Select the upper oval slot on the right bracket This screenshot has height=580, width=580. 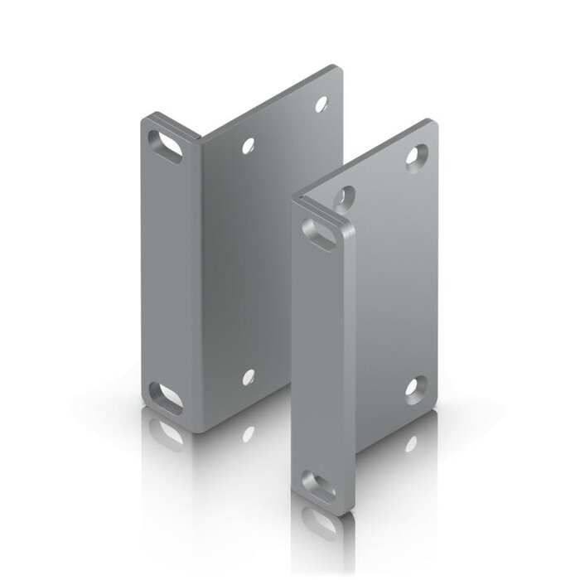tap(321, 227)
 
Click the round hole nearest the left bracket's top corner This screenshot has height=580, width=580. tap(321, 105)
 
